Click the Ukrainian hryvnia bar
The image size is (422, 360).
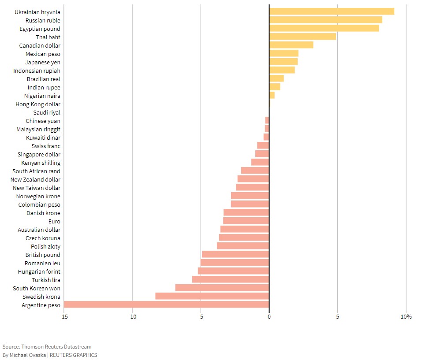(x=332, y=11)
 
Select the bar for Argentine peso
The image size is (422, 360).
(x=166, y=304)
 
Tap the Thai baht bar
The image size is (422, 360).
(x=302, y=37)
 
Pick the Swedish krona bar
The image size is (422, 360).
(x=212, y=296)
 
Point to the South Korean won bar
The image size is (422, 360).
(x=222, y=288)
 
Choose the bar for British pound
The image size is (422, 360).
(x=235, y=254)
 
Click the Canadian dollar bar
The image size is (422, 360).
(x=291, y=45)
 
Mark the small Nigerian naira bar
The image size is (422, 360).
(x=272, y=95)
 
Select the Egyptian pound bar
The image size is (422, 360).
(x=324, y=28)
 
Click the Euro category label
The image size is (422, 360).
(x=54, y=221)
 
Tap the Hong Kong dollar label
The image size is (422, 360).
(x=38, y=104)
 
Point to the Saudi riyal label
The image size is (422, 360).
(x=47, y=112)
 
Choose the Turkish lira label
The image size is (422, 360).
(x=46, y=280)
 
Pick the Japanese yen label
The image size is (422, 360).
(x=43, y=62)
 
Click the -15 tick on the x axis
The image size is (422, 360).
(x=64, y=317)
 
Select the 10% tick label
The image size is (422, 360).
(x=406, y=317)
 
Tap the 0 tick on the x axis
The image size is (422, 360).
(x=269, y=317)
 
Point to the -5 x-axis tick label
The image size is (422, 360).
(x=201, y=317)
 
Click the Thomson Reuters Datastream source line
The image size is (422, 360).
(x=47, y=347)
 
